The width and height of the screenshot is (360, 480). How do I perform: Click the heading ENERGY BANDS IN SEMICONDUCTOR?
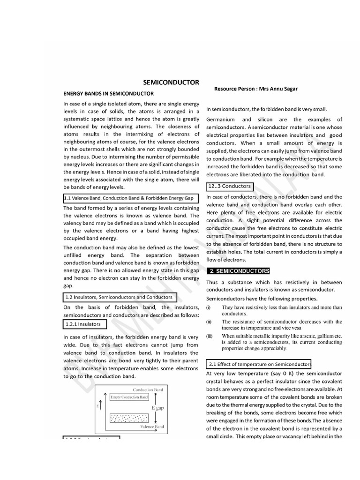pyautogui.click(x=105, y=93)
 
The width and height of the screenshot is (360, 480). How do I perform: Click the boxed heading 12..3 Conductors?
pyautogui.click(x=229, y=186)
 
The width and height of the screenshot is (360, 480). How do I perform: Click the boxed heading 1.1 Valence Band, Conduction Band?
pyautogui.click(x=130, y=198)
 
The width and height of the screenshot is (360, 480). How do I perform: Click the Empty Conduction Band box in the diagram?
pyautogui.click(x=129, y=397)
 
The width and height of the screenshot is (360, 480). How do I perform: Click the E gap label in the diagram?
pyautogui.click(x=157, y=408)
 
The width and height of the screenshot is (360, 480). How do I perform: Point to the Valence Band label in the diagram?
pyautogui.click(x=152, y=427)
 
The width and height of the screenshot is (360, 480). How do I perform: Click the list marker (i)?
pyautogui.click(x=209, y=307)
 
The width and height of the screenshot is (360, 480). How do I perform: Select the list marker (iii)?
pyautogui.click(x=210, y=336)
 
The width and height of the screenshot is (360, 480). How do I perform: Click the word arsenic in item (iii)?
pyautogui.click(x=308, y=336)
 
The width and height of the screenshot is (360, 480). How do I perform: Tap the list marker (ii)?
pyautogui.click(x=210, y=322)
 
